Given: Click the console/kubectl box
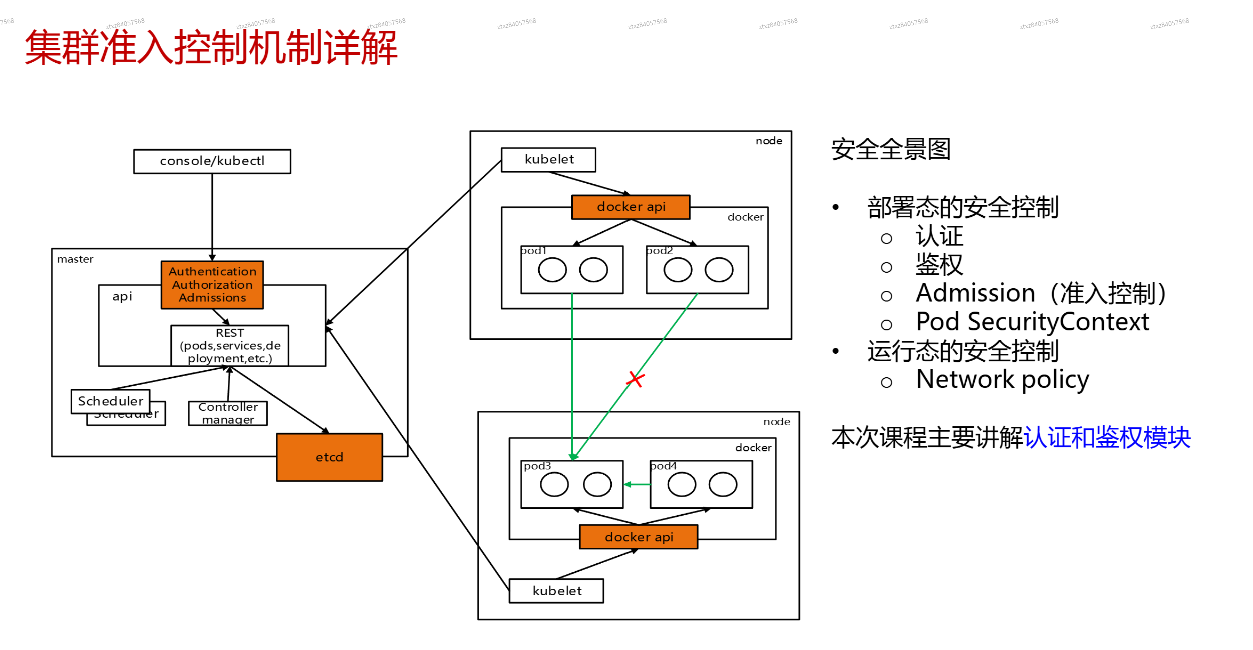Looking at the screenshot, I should pyautogui.click(x=212, y=161).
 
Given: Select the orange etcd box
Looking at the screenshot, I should pyautogui.click(x=329, y=457).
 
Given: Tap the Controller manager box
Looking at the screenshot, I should pyautogui.click(x=228, y=413).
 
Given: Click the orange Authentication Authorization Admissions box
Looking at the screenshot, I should pyautogui.click(x=212, y=285).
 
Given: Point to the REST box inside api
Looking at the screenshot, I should pyautogui.click(x=230, y=345).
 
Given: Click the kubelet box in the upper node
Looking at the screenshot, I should pyautogui.click(x=548, y=160).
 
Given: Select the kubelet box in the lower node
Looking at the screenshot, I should pyautogui.click(x=556, y=591).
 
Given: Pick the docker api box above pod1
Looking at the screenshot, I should pyautogui.click(x=631, y=207).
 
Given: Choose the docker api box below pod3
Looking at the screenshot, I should pyautogui.click(x=639, y=537).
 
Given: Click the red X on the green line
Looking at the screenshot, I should pyautogui.click(x=635, y=379).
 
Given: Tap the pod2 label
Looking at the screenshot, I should pyautogui.click(x=660, y=251).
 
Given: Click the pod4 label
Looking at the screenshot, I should pyautogui.click(x=664, y=466).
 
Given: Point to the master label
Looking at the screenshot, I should pyautogui.click(x=75, y=259).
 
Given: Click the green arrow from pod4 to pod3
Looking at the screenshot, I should pyautogui.click(x=637, y=484).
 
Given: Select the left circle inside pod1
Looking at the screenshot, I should pyautogui.click(x=552, y=270).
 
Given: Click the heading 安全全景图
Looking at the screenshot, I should pyautogui.click(x=890, y=149).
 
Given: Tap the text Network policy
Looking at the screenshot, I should pyautogui.click(x=1002, y=380).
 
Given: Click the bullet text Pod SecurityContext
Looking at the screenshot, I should pyautogui.click(x=1032, y=322).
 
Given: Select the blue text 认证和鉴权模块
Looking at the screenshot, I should pyautogui.click(x=1107, y=438).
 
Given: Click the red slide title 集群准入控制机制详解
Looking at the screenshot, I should pyautogui.click(x=211, y=48).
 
